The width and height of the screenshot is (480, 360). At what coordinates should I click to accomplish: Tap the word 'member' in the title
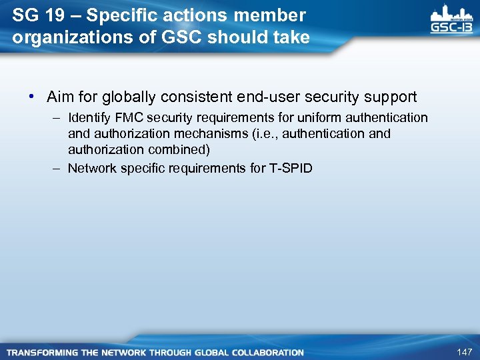click(x=274, y=15)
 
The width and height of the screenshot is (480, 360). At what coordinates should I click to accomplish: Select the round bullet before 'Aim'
click(x=31, y=97)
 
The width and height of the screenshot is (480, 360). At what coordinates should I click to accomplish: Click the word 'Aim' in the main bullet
click(x=59, y=97)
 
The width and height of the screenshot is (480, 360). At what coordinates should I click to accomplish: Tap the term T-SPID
click(x=291, y=168)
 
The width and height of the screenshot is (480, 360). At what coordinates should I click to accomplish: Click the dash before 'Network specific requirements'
click(x=57, y=168)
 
